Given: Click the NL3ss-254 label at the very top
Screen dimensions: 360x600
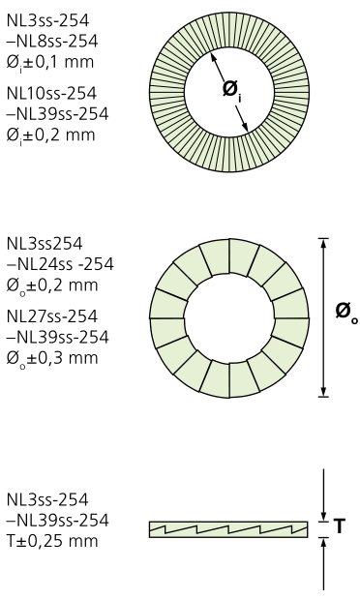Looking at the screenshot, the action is click(47, 20).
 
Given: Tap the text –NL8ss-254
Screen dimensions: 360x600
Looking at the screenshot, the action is click(52, 42).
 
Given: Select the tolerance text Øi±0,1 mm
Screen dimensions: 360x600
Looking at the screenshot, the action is click(50, 62).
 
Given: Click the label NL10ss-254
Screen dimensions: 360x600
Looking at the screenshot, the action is click(51, 93).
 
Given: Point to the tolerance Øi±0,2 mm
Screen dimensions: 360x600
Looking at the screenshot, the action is click(50, 135).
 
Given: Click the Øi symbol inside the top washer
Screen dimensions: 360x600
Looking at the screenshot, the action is click(232, 90).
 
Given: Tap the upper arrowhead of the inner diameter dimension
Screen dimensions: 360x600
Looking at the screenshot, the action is click(213, 57).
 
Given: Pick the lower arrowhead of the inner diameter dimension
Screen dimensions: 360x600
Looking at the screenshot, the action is click(245, 127).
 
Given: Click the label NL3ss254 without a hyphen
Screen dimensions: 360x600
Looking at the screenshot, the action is click(45, 243).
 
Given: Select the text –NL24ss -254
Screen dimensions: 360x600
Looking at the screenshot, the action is click(60, 264).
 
